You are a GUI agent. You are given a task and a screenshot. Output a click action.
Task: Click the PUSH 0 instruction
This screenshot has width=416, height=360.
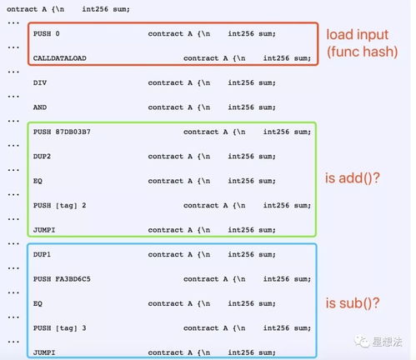[47, 34]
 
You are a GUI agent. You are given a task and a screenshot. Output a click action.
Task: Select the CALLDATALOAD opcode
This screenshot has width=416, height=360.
[60, 58]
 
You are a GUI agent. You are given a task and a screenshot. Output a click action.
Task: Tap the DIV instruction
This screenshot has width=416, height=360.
[40, 82]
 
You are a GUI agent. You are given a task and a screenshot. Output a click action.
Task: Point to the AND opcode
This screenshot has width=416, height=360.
[40, 107]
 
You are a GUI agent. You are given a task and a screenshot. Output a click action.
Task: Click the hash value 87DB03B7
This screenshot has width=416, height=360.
[73, 132]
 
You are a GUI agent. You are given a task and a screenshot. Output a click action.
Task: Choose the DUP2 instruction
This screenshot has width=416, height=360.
[42, 157]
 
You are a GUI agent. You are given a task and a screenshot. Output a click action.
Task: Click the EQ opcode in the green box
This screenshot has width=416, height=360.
[38, 181]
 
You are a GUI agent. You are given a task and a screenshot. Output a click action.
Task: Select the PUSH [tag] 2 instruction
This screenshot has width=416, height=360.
[60, 206]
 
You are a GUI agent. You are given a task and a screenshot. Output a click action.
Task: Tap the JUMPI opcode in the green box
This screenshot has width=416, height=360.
[44, 230]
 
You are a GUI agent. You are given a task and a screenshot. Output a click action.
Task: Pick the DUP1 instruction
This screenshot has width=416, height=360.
[42, 254]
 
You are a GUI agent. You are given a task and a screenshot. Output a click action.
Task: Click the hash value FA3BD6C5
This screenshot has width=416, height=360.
[73, 279]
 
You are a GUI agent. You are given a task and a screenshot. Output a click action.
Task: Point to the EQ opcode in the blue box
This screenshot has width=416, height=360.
[38, 303]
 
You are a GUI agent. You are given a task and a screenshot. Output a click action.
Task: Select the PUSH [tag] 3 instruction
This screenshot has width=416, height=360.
[60, 328]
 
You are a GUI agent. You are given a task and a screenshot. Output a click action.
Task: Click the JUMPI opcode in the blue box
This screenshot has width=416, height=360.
[44, 352]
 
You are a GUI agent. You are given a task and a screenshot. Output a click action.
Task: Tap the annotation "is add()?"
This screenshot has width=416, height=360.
[353, 178]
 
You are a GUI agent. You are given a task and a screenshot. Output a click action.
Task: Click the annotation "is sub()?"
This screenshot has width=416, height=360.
[353, 302]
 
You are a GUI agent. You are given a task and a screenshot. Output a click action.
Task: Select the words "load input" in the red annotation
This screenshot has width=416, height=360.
[357, 35]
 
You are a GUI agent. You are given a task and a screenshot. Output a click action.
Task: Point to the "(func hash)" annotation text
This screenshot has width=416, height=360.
[362, 52]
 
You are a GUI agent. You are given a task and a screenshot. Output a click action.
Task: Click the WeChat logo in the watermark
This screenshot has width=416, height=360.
[361, 342]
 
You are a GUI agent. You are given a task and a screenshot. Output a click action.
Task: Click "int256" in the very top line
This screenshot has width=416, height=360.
[95, 9]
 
